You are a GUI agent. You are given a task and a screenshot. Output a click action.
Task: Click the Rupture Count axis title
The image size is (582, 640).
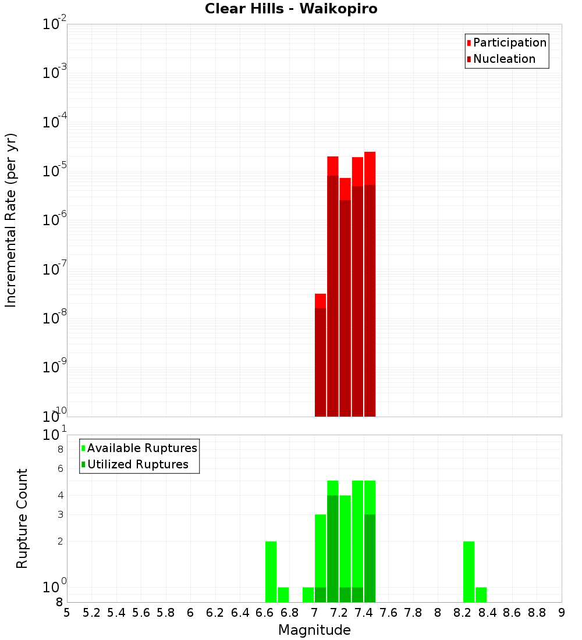22,518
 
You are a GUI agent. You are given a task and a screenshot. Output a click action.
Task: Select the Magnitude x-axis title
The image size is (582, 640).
314,630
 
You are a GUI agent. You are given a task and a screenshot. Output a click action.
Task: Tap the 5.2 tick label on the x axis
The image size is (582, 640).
91,613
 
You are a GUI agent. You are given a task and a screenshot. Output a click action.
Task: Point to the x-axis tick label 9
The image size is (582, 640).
562,613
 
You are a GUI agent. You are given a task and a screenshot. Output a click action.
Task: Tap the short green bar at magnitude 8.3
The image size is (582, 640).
481,595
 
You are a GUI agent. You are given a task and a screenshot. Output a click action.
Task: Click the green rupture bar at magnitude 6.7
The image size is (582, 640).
283,595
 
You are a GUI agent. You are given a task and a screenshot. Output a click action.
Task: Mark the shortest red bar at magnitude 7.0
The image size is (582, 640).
320,355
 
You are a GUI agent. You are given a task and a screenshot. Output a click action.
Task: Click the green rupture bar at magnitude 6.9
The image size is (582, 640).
308,595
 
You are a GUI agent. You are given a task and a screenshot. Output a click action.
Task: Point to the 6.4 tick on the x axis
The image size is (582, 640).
240,613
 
